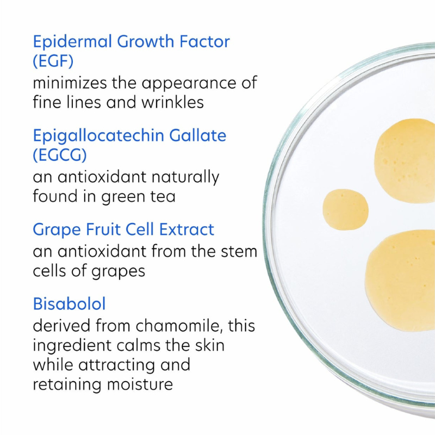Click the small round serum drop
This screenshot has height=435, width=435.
pos(345,209)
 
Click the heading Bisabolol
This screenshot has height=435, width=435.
pos(69,303)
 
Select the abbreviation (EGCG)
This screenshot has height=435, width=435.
pos(60,154)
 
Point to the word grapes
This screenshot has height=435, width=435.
pos(119,270)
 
